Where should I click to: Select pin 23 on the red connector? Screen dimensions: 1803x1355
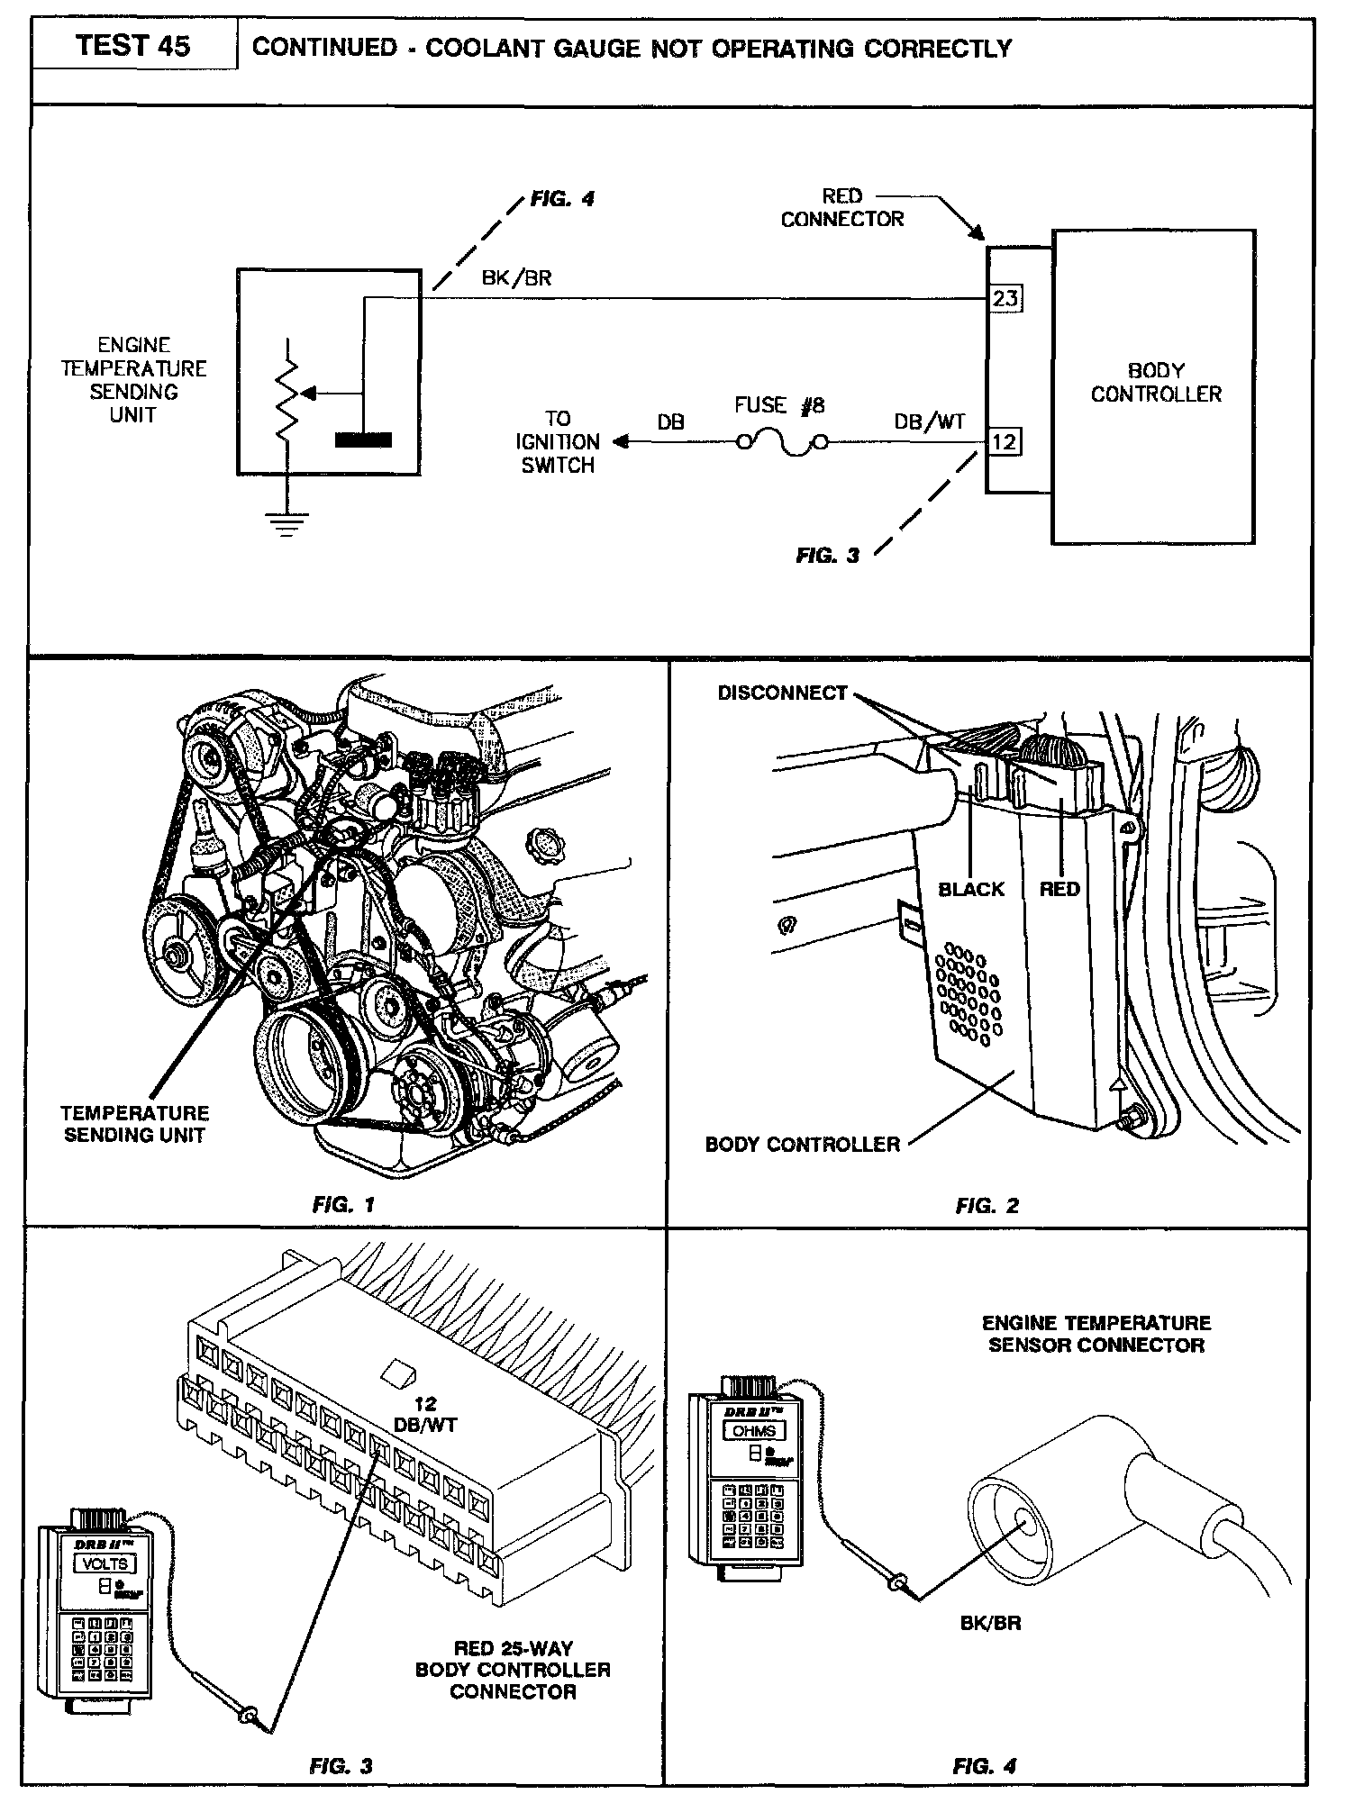click(x=1005, y=297)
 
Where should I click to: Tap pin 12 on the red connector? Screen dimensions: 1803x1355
click(x=1005, y=442)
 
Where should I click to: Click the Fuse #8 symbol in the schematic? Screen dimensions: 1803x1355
click(x=779, y=442)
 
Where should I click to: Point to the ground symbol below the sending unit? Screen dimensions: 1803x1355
click(x=287, y=522)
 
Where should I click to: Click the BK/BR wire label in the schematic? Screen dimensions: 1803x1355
click(x=516, y=278)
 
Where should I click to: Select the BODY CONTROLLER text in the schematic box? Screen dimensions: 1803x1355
click(x=1156, y=382)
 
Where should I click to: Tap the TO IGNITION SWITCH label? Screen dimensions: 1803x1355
click(x=558, y=442)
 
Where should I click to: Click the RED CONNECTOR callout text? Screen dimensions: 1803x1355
click(x=841, y=207)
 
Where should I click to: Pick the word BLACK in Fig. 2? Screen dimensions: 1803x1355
click(x=970, y=890)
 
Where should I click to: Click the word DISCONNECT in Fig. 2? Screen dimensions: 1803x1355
click(x=782, y=693)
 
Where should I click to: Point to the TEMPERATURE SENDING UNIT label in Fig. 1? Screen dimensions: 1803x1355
click(x=135, y=1124)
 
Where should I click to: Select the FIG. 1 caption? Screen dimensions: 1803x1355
click(x=343, y=1205)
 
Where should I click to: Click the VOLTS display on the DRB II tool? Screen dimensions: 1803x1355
click(x=105, y=1563)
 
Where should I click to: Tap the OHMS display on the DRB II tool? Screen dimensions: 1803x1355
click(x=755, y=1430)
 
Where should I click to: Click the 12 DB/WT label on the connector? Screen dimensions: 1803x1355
click(x=426, y=1415)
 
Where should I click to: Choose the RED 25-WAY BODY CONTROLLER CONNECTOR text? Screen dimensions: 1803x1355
click(x=513, y=1670)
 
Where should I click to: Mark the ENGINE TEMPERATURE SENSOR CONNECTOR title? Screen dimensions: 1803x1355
click(x=1096, y=1334)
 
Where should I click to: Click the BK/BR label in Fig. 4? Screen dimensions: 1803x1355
click(x=989, y=1624)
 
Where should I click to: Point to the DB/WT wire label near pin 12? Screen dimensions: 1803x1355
click(x=930, y=421)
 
